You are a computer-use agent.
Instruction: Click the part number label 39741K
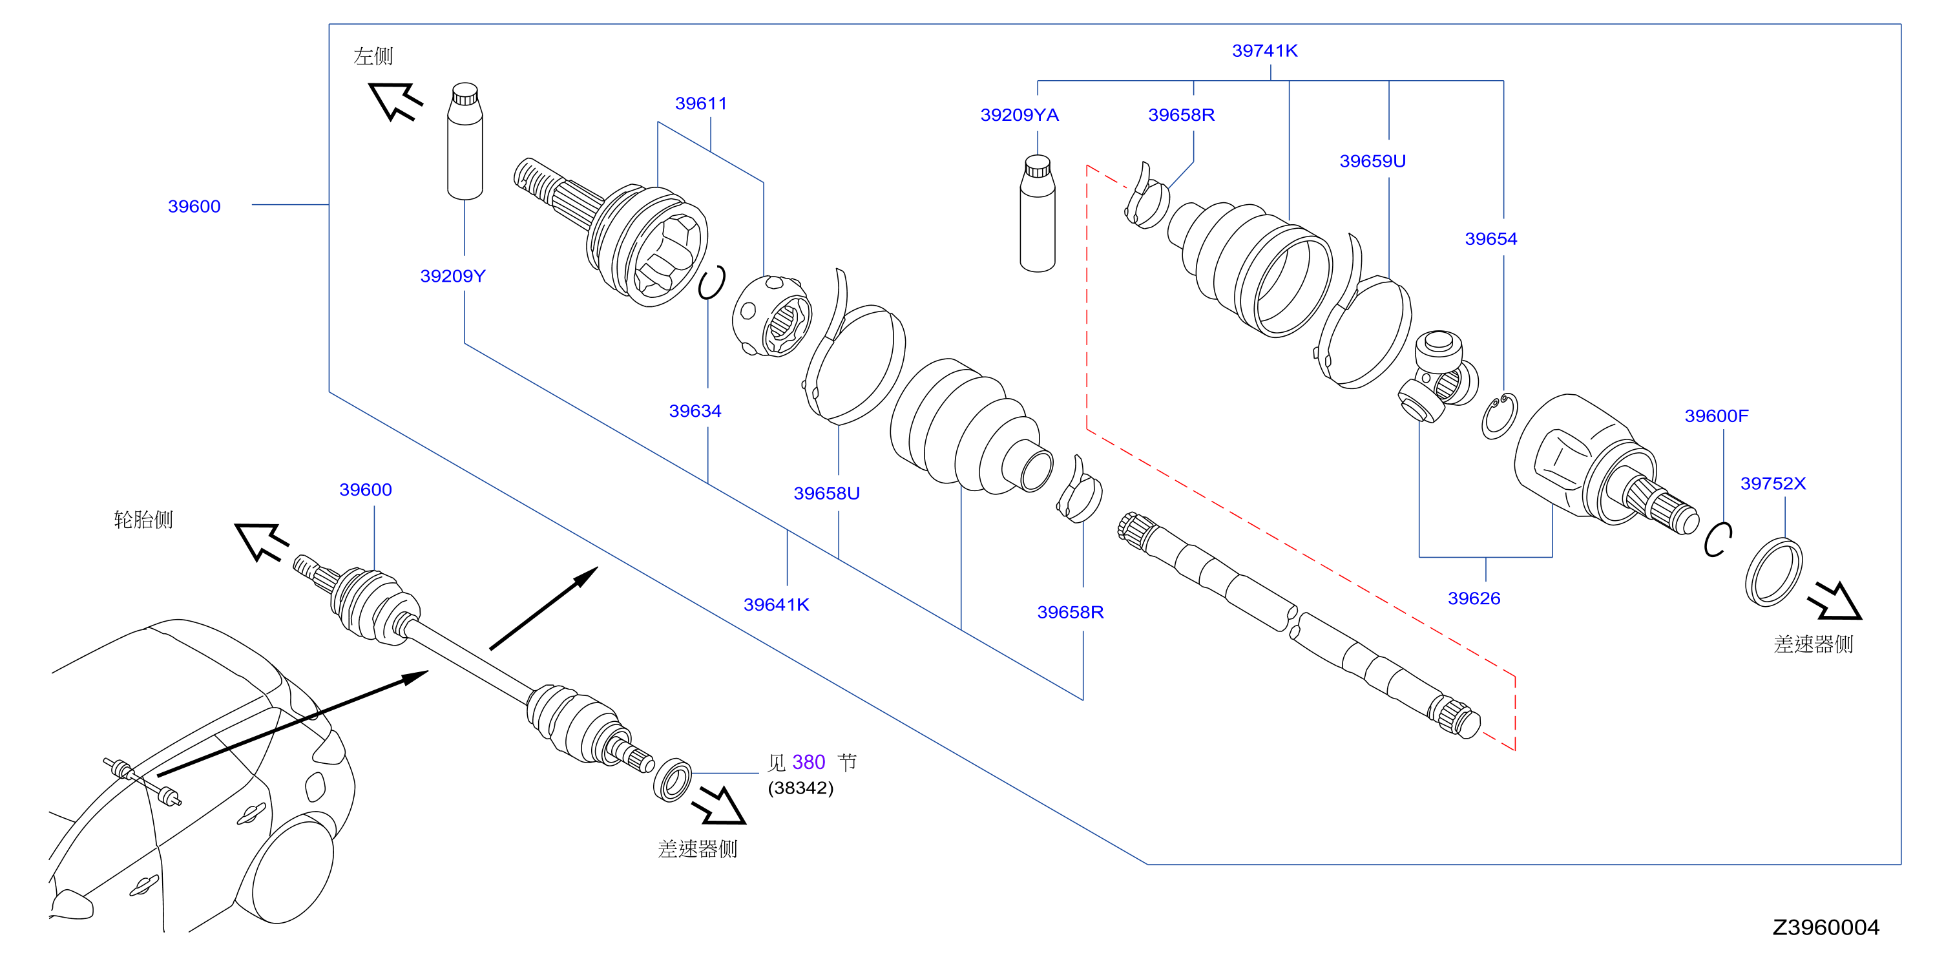click(1264, 51)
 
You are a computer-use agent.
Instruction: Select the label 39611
click(700, 103)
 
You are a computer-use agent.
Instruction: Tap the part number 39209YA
click(1019, 114)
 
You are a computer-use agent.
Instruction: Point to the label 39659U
click(1372, 161)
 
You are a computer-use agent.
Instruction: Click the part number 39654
click(1490, 238)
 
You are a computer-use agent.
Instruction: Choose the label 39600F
click(1716, 416)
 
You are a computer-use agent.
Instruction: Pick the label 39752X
click(1773, 483)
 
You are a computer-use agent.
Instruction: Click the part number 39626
click(1474, 598)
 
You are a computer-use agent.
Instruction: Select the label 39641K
click(777, 604)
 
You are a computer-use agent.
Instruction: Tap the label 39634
click(695, 411)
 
